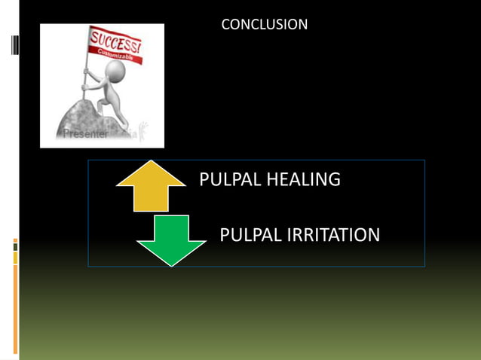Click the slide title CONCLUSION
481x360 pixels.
[x=264, y=25]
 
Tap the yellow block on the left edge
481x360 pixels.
[x=15, y=258]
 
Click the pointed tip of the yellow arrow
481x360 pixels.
[x=151, y=162]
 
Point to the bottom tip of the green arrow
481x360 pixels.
[x=171, y=264]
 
